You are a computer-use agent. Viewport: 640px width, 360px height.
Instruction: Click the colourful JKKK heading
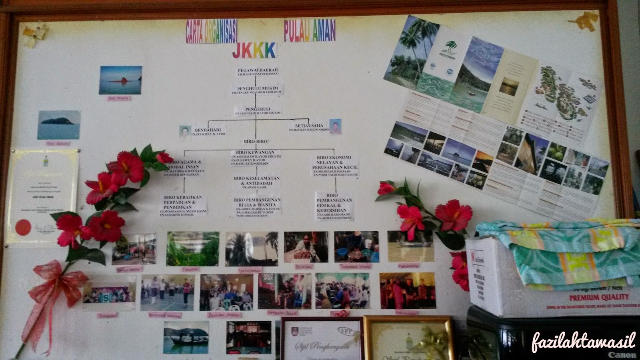pos(254,50)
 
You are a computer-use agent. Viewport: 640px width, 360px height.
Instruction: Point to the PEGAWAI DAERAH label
pos(257,70)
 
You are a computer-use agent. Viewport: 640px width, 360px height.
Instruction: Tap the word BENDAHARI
pos(208,130)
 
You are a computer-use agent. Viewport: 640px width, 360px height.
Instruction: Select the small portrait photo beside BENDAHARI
pos(185,131)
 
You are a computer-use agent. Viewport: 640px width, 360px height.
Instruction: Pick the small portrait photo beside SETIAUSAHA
pos(335,126)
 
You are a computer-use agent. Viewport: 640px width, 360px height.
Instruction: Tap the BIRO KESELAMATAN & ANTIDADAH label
pos(256,180)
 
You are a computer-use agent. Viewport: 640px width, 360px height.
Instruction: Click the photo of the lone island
pos(59,125)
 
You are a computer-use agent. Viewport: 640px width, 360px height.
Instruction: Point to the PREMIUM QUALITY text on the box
pos(598,297)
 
